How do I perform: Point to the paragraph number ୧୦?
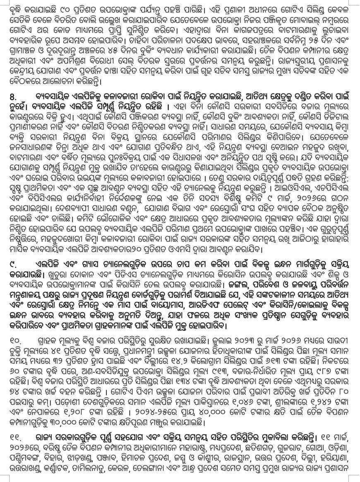tap(15, 340)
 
